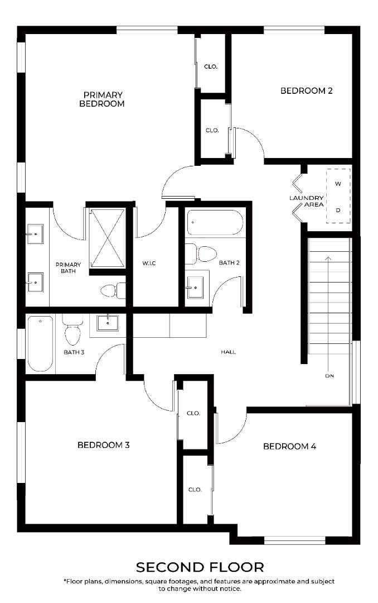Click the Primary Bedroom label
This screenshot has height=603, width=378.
point(102,99)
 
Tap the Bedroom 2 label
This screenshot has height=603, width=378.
point(306,91)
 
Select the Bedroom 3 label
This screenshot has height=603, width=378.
point(103,445)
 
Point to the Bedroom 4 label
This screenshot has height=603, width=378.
point(290,446)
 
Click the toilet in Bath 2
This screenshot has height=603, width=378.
point(201,253)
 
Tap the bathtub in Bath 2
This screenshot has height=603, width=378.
point(215,222)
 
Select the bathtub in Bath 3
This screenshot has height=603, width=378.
point(40,343)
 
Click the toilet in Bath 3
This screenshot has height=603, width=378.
point(72,329)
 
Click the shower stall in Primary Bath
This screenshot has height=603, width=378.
point(107,238)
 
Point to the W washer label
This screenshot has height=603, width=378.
point(338,184)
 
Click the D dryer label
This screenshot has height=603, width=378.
point(338,210)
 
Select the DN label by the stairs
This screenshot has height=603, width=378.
point(329,376)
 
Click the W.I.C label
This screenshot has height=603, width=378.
point(149,263)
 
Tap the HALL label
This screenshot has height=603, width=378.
point(228,352)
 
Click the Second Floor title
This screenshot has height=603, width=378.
point(200,567)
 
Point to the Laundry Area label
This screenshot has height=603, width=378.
point(307,201)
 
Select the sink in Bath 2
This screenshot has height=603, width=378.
point(196,286)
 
